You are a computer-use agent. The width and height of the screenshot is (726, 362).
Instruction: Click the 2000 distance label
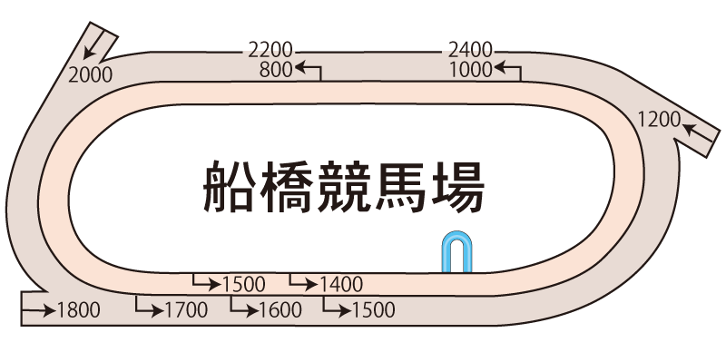[x=91, y=75]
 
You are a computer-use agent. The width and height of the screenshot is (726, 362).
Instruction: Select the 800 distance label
[x=276, y=68]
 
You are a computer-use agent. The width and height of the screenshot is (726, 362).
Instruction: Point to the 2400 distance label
[x=471, y=50]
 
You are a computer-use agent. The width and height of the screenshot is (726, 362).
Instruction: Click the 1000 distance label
[x=471, y=68]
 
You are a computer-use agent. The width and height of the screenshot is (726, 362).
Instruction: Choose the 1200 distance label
[x=659, y=117]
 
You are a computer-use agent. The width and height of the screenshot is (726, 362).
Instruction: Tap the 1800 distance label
[x=79, y=310]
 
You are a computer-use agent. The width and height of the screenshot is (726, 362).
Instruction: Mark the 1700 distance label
[x=187, y=310]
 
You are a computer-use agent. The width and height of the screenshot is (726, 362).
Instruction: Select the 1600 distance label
[x=280, y=310]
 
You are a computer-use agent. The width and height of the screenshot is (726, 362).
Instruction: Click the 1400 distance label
[x=341, y=285]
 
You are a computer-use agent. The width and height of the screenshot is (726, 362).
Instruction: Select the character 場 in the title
[x=456, y=188]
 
